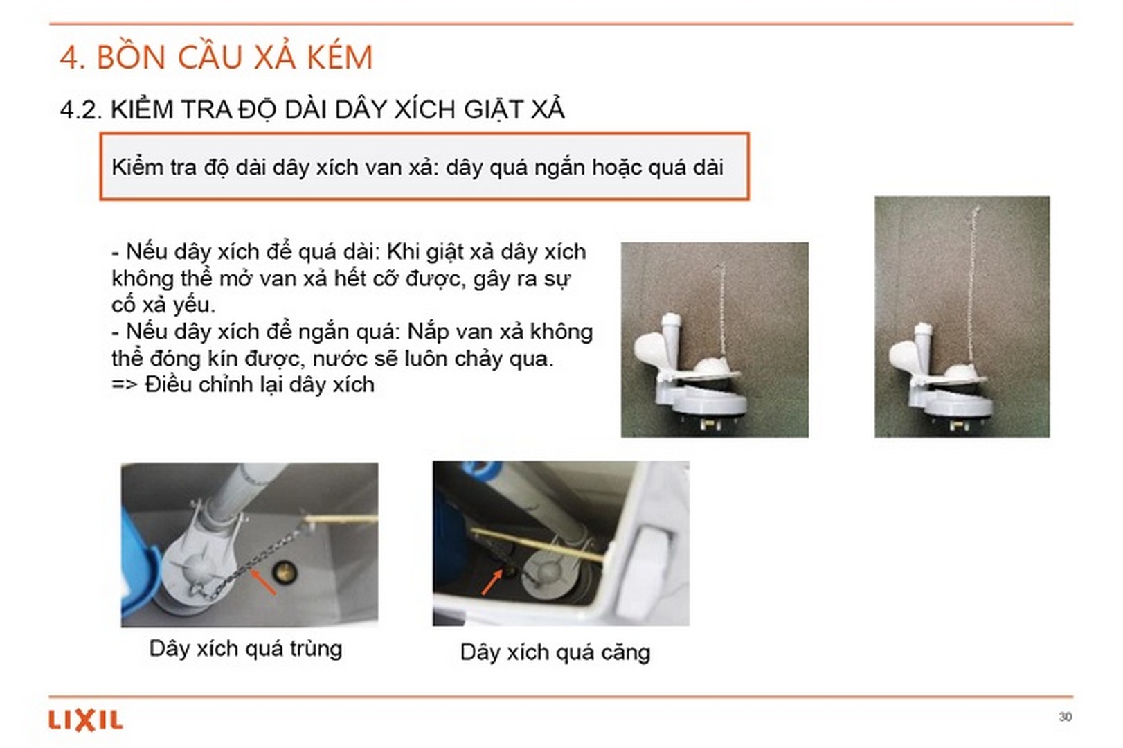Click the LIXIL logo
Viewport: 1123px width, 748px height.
[85, 720]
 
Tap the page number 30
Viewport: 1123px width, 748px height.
[1065, 716]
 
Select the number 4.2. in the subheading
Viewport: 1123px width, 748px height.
[80, 109]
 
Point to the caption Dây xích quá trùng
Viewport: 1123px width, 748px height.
[246, 649]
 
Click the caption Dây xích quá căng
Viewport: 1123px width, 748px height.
[555, 652]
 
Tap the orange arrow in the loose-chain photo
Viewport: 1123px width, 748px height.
[263, 580]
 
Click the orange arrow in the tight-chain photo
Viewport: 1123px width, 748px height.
[492, 581]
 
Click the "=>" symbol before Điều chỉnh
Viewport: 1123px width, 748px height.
[125, 384]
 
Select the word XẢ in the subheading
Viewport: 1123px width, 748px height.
[548, 109]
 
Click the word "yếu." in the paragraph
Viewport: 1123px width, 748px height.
[194, 305]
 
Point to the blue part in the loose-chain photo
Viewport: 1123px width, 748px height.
[138, 554]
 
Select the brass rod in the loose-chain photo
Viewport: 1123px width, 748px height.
[343, 518]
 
